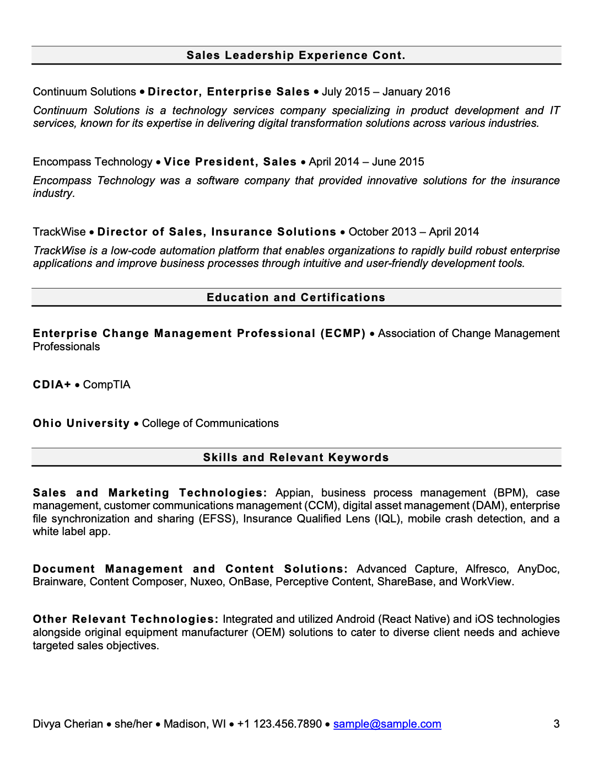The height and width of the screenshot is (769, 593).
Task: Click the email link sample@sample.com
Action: point(387,724)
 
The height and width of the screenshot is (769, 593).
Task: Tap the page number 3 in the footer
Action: point(557,724)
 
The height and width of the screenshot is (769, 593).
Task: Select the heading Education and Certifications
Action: point(296,297)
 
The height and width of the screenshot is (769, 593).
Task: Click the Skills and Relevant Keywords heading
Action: point(296,457)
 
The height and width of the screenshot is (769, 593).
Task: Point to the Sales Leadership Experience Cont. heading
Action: point(296,55)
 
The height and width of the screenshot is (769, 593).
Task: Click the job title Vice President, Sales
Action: point(230,162)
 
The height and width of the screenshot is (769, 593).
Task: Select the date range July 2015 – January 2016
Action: point(386,92)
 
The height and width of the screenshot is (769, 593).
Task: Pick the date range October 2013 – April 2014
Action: point(413,232)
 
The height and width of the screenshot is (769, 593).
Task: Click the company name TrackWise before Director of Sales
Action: point(59,232)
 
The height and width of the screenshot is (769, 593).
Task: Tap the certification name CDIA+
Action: point(52,384)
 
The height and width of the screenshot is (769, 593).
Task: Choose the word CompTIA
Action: point(106,384)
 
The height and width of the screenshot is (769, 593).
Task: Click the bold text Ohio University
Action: point(81,423)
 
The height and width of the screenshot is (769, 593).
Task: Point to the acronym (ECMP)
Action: point(343,333)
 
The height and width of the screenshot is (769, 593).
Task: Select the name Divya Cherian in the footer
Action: point(68,724)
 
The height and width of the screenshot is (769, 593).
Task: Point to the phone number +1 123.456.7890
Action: point(279,724)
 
